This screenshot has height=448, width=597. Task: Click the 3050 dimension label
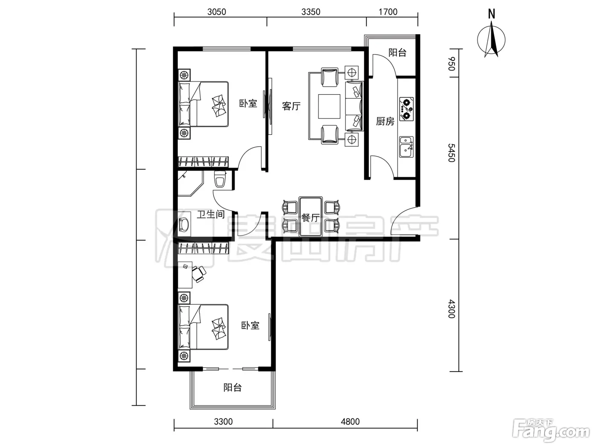(217, 12)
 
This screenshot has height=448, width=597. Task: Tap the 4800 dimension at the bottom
(350, 422)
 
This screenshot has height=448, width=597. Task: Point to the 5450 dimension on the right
(452, 153)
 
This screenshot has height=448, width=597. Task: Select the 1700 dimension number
(388, 12)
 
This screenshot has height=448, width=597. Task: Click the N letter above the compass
(492, 14)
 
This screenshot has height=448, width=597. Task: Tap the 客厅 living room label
(291, 106)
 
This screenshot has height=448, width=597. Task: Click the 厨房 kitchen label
(385, 121)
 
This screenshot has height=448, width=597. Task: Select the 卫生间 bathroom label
(211, 214)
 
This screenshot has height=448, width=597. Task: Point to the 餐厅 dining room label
(310, 218)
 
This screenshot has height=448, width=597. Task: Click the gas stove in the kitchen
(406, 109)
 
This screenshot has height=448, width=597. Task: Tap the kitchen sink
(406, 147)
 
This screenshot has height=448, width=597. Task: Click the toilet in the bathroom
(220, 179)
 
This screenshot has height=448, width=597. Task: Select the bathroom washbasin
(184, 225)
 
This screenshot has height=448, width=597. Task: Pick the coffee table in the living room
(329, 106)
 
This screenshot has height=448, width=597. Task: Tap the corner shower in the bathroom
(190, 183)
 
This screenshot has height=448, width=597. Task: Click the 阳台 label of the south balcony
(232, 387)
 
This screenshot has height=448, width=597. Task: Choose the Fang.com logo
(551, 431)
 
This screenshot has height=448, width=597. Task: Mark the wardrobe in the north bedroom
(203, 162)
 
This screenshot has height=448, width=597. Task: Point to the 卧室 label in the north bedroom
(248, 104)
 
